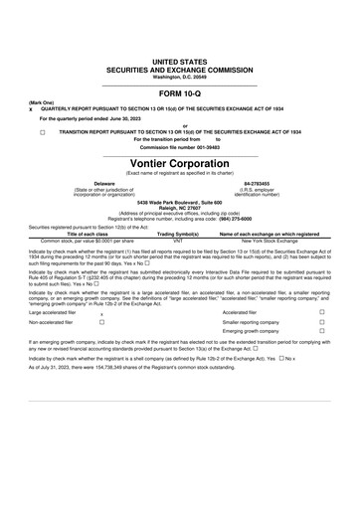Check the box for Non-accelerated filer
tap(101, 351)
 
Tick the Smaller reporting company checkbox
tap(321, 351)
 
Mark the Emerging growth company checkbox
tap(321, 362)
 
